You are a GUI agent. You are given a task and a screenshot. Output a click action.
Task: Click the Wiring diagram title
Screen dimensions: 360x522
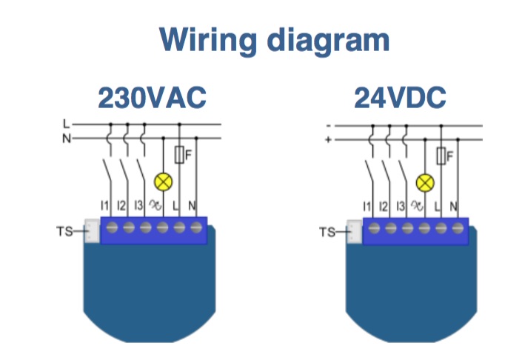coord(274,40)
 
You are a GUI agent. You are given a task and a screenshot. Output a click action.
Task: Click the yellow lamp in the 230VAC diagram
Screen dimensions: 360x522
coord(162,181)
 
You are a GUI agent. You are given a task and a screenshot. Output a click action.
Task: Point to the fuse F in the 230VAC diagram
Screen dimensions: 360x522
coord(180,155)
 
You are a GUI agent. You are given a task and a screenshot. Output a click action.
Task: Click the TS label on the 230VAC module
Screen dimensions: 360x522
coord(65,231)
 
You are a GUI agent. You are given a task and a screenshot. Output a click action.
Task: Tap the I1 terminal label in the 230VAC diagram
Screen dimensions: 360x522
coord(104,204)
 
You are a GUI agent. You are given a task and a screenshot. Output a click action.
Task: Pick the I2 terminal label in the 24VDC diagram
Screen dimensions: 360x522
coord(384,205)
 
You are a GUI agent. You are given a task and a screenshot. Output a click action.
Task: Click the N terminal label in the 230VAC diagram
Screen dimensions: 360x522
coord(194,204)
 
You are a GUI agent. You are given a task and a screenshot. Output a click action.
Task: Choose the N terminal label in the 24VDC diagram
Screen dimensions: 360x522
coord(454,205)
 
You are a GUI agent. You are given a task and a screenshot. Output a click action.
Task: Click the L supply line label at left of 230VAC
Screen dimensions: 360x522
coord(65,124)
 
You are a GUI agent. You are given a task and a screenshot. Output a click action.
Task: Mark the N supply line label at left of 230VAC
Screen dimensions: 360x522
coord(65,137)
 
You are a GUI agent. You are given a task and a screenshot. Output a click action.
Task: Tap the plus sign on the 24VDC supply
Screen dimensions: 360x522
coord(328,138)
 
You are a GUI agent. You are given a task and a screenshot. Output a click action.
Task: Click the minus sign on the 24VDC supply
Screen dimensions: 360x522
coord(328,124)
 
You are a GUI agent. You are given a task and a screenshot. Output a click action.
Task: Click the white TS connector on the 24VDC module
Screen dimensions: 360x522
coord(354,230)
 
